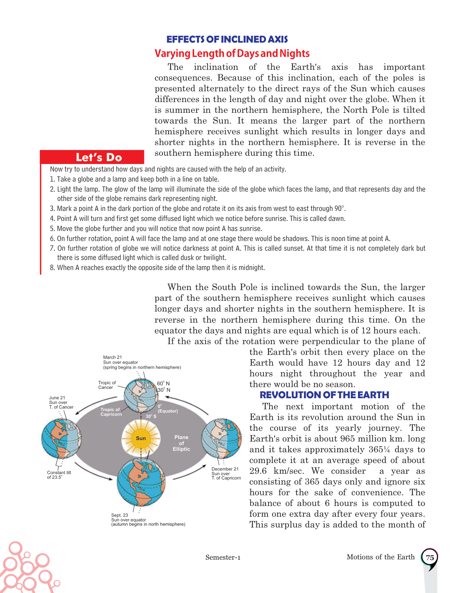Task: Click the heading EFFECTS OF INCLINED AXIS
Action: point(227,39)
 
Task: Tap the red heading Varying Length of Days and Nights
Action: point(232,54)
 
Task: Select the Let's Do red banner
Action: point(99,157)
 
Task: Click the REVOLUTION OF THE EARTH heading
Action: point(324,395)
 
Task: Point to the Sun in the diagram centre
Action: point(141,438)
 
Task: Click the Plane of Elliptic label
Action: point(181,443)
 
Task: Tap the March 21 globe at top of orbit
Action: point(141,396)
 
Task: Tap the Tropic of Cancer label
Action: point(107,385)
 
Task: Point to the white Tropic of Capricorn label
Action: point(111,412)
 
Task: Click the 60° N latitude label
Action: point(163,384)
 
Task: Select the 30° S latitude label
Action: point(151,416)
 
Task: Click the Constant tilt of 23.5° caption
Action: point(59,475)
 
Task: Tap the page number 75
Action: point(430,558)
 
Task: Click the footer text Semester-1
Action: point(223,557)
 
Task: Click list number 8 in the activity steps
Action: point(52,267)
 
